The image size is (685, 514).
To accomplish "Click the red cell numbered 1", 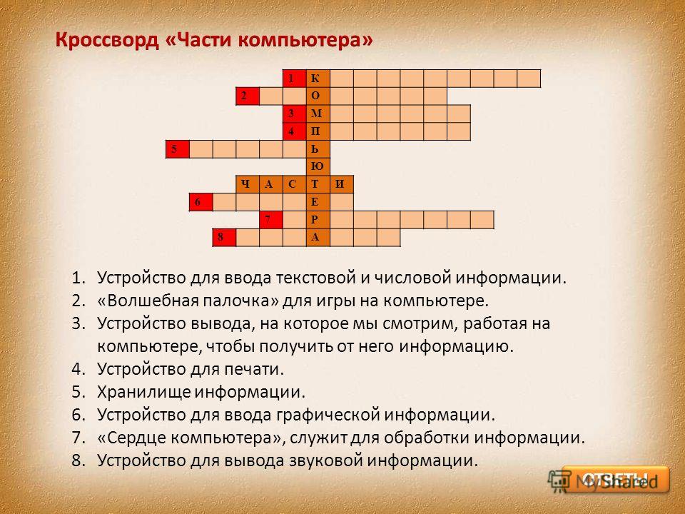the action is pos(295,79).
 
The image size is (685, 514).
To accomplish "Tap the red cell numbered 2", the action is pos(248,96).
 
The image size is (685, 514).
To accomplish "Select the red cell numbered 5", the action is pos(178,149).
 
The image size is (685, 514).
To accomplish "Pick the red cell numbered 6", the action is pos(201,202).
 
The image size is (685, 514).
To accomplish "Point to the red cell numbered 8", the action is pos(225,237).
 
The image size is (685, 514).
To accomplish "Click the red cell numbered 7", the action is pos(271,219).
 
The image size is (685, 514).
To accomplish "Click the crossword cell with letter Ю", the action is pos(318,166).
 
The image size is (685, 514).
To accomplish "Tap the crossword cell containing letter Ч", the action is pos(248,184).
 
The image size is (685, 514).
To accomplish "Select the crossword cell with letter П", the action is pos(318,131).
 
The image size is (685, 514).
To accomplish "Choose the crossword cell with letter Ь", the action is pos(318,149).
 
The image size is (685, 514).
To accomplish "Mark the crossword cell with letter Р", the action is pos(318,219).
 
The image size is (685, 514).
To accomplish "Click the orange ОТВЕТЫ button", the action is pos(616,480).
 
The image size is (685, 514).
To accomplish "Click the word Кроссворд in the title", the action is pos(107,40).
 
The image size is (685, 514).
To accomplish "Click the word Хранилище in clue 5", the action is pos(143,392).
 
